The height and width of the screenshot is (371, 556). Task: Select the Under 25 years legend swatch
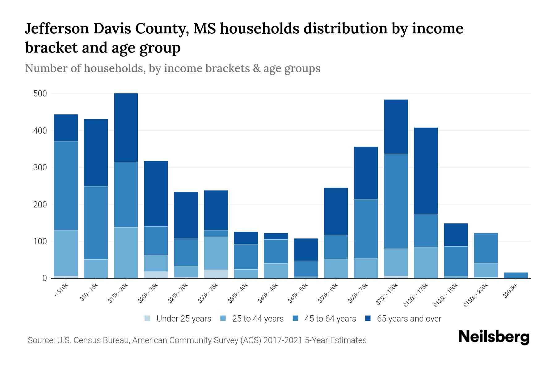pyautogui.click(x=148, y=318)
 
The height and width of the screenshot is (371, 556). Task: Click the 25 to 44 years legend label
pyautogui.click(x=258, y=319)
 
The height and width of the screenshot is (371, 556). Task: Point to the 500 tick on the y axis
pyautogui.click(x=40, y=94)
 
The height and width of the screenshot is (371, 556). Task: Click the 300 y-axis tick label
pyautogui.click(x=40, y=168)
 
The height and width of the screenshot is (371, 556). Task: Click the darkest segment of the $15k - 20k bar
pyautogui.click(x=126, y=127)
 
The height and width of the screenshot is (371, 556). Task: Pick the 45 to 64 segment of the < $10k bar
pyautogui.click(x=66, y=185)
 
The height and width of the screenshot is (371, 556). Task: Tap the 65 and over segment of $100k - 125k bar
pyautogui.click(x=426, y=171)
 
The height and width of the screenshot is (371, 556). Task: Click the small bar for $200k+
pyautogui.click(x=516, y=275)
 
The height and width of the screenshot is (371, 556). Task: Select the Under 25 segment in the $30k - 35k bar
pyautogui.click(x=216, y=274)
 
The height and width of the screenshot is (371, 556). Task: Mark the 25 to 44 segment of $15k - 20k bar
pyautogui.click(x=126, y=253)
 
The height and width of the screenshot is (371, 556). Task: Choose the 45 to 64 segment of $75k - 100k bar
pyautogui.click(x=396, y=201)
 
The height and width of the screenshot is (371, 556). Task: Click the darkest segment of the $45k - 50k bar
pyautogui.click(x=306, y=249)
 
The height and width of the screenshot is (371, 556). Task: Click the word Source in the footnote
pyautogui.click(x=40, y=340)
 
